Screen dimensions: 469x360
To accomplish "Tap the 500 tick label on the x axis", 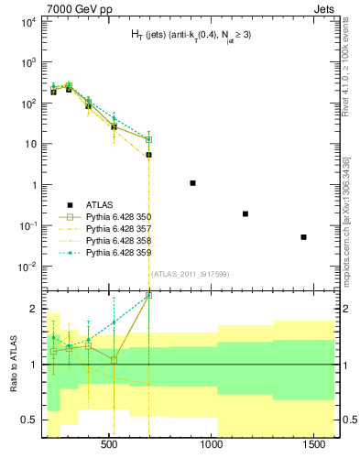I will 109,444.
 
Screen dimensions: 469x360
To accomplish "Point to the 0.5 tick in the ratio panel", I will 31,420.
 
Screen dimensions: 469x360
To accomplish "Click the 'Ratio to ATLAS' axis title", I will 14,363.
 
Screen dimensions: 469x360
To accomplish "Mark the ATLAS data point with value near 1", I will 192,183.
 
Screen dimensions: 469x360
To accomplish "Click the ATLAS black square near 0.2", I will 245,213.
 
